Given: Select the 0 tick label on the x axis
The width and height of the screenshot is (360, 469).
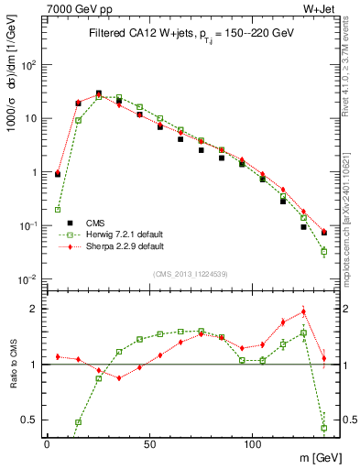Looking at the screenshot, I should [47, 442].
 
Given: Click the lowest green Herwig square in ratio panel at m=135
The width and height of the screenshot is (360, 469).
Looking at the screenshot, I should [324, 428].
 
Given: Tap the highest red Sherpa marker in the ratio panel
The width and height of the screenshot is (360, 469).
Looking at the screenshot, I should [303, 311].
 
